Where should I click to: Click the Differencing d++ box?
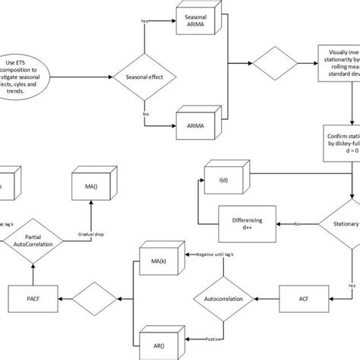[x=245, y=224]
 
